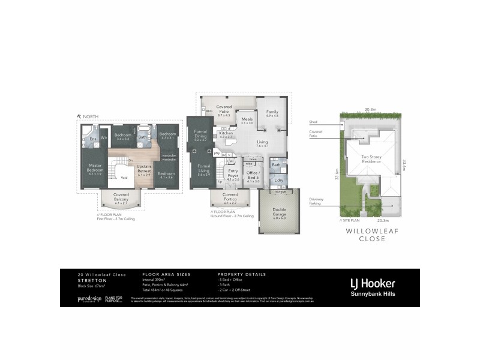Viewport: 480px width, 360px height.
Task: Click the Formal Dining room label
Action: tap(200, 137)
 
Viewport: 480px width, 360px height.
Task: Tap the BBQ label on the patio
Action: tap(209, 111)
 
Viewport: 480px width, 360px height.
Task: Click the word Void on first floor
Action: tap(124, 178)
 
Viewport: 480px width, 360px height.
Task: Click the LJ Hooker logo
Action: tap(373, 283)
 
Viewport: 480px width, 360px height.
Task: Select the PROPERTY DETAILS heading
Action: tap(241, 274)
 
